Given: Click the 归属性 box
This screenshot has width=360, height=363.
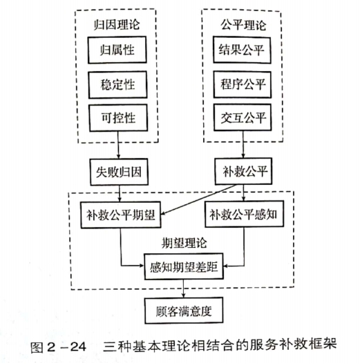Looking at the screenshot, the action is click(117, 50).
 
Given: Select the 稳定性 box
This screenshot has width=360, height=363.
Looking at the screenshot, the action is click(117, 85).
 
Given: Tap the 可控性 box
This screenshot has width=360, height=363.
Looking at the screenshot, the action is click(118, 118).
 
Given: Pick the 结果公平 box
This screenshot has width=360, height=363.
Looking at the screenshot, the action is click(242, 50).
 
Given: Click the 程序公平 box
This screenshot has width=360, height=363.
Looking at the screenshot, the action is click(243, 84).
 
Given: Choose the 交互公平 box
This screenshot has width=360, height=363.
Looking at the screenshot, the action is click(243, 117).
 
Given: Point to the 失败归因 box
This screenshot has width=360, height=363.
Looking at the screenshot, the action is click(119, 172).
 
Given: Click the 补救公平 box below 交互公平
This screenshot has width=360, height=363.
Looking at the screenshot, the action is click(243, 171).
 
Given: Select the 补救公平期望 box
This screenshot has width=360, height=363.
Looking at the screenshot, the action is click(120, 215).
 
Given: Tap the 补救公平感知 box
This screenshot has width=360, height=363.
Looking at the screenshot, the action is click(244, 214).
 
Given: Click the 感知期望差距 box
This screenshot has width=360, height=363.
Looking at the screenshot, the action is click(184, 266).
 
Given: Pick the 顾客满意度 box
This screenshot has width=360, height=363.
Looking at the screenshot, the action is click(184, 311).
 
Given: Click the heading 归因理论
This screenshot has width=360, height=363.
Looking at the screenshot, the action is click(117, 25).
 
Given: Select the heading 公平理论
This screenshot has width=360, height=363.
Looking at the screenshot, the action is click(243, 25).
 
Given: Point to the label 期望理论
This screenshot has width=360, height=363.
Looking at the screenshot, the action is click(184, 243).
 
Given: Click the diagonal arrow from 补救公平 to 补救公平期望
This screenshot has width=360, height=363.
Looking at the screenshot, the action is click(198, 200).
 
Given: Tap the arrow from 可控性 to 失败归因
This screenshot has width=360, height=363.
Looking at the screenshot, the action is click(118, 145).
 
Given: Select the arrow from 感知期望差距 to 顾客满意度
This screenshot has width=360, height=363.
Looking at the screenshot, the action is click(184, 288).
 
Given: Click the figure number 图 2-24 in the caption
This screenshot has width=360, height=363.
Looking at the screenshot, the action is click(58, 347).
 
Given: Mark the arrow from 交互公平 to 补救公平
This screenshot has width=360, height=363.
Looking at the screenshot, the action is click(243, 145).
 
